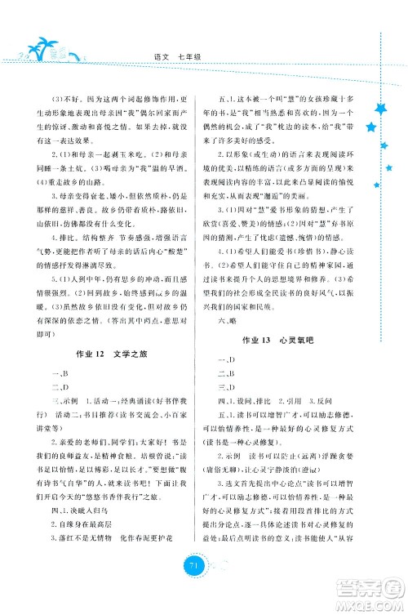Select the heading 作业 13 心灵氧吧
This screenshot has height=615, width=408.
(x=295, y=338)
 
